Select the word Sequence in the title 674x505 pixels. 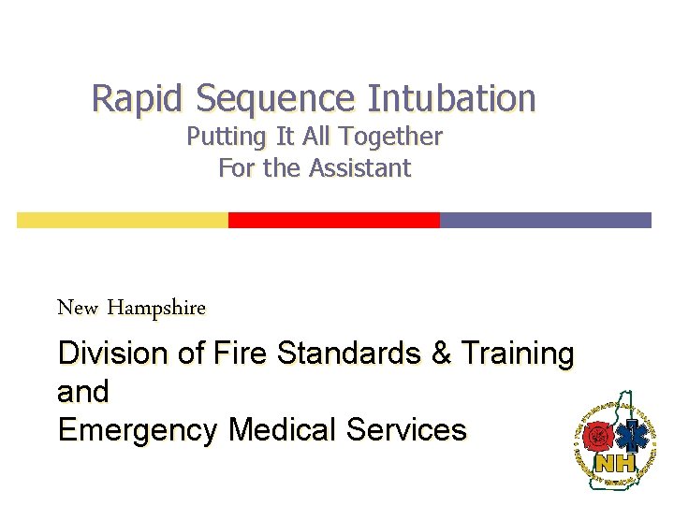tap(275, 97)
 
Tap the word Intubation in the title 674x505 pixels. tap(451, 97)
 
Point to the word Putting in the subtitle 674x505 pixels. tap(226, 137)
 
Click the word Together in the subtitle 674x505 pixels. tap(390, 137)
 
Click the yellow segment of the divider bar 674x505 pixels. tap(123, 220)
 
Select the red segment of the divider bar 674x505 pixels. tap(334, 220)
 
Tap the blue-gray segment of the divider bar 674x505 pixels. tap(545, 220)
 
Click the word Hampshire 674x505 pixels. tap(156, 307)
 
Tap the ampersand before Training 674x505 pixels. tap(440, 353)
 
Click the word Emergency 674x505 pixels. tap(139, 430)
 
